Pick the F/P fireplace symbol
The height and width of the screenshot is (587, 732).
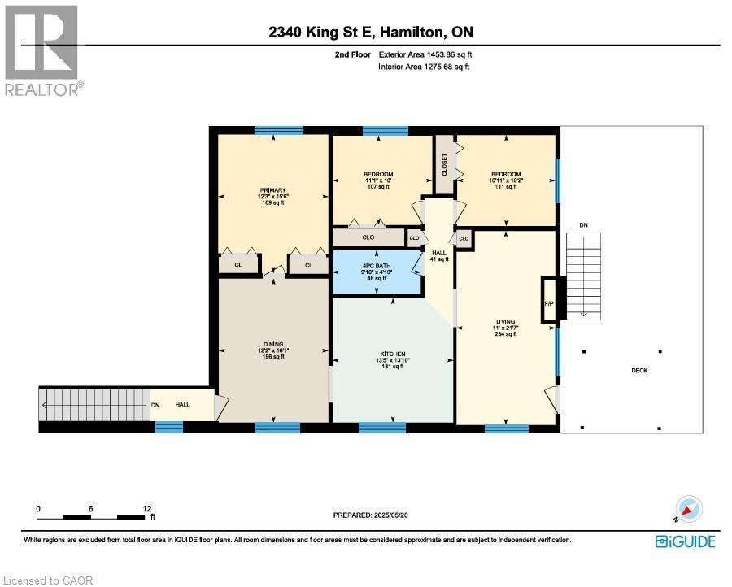click(x=549, y=302)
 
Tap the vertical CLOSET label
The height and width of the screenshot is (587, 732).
click(x=444, y=165)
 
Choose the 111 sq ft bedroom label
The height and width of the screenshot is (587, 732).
click(x=506, y=180)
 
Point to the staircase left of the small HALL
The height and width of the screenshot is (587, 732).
click(x=94, y=404)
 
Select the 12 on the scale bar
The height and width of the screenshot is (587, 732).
click(x=146, y=508)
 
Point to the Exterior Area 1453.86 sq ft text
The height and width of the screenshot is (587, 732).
click(x=425, y=54)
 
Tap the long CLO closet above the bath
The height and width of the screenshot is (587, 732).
click(x=368, y=237)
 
